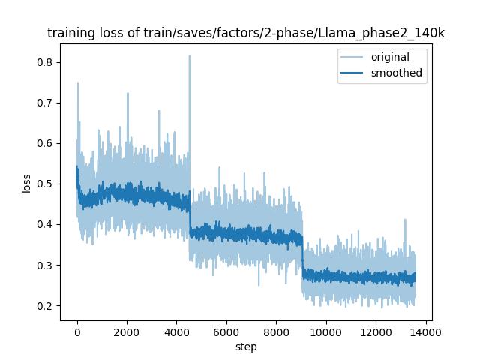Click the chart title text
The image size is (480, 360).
[x=246, y=33]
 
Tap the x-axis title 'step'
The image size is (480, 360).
[x=246, y=347]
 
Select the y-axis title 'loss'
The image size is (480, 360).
[x=26, y=183]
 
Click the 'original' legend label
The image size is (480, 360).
[x=390, y=57]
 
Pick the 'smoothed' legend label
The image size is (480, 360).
[x=397, y=73]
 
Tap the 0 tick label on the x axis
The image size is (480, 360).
[x=77, y=332]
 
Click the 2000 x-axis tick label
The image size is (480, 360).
[x=127, y=332]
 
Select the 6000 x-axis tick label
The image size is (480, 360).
[x=226, y=332]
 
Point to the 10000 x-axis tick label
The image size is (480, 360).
[x=326, y=332]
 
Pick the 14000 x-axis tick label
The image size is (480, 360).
[x=425, y=332]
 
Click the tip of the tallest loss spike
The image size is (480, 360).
[x=190, y=55]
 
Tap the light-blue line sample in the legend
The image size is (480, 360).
[x=352, y=57]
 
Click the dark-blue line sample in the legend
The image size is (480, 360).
[x=352, y=73]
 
